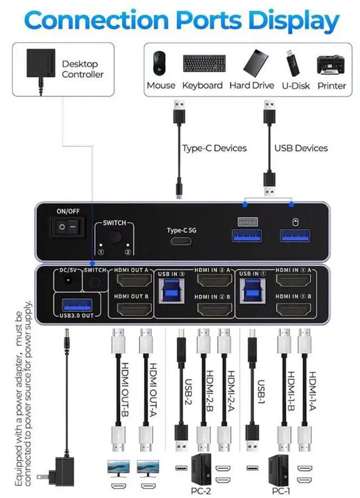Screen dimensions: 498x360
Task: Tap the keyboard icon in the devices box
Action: pyautogui.click(x=204, y=64)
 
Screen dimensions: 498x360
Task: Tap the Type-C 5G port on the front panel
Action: pyautogui.click(x=180, y=241)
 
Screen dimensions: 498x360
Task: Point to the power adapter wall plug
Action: pyautogui.click(x=56, y=468)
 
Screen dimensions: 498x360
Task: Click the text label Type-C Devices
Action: pyautogui.click(x=214, y=148)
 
